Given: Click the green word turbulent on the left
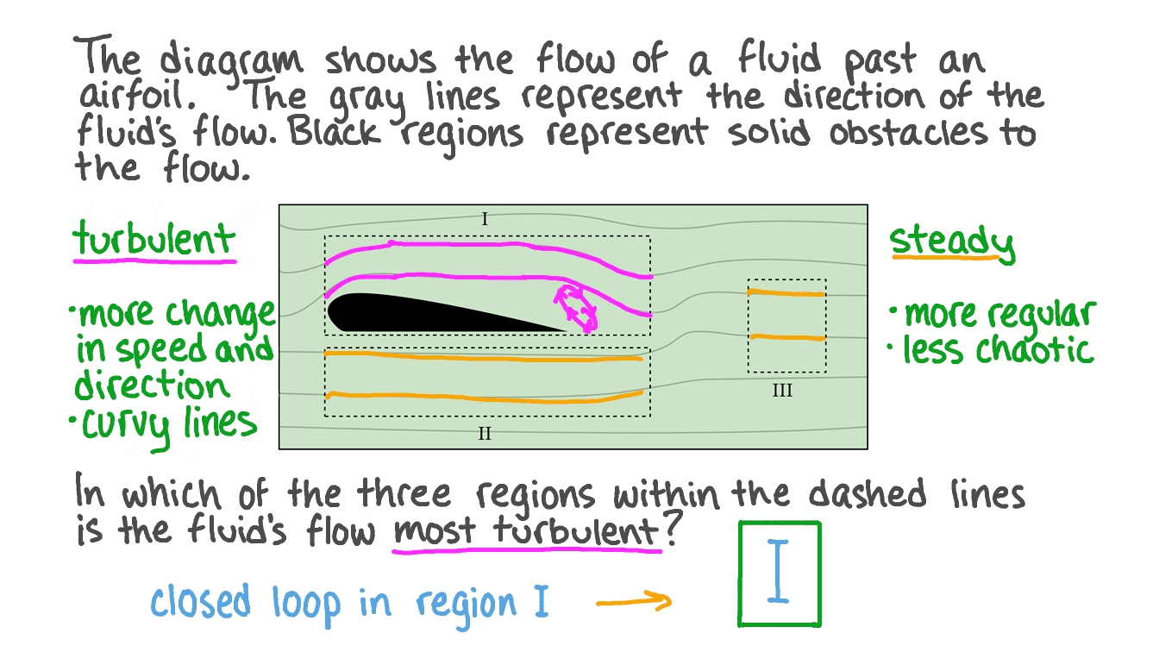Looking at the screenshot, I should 153,237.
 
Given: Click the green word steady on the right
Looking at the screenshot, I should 951,241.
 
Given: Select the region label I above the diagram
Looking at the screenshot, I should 485,220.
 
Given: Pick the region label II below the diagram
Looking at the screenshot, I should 485,433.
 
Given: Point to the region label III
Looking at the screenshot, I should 781,391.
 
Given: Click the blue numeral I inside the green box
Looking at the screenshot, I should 779,573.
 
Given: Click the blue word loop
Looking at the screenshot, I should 306,604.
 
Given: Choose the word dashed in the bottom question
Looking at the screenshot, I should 866,494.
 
